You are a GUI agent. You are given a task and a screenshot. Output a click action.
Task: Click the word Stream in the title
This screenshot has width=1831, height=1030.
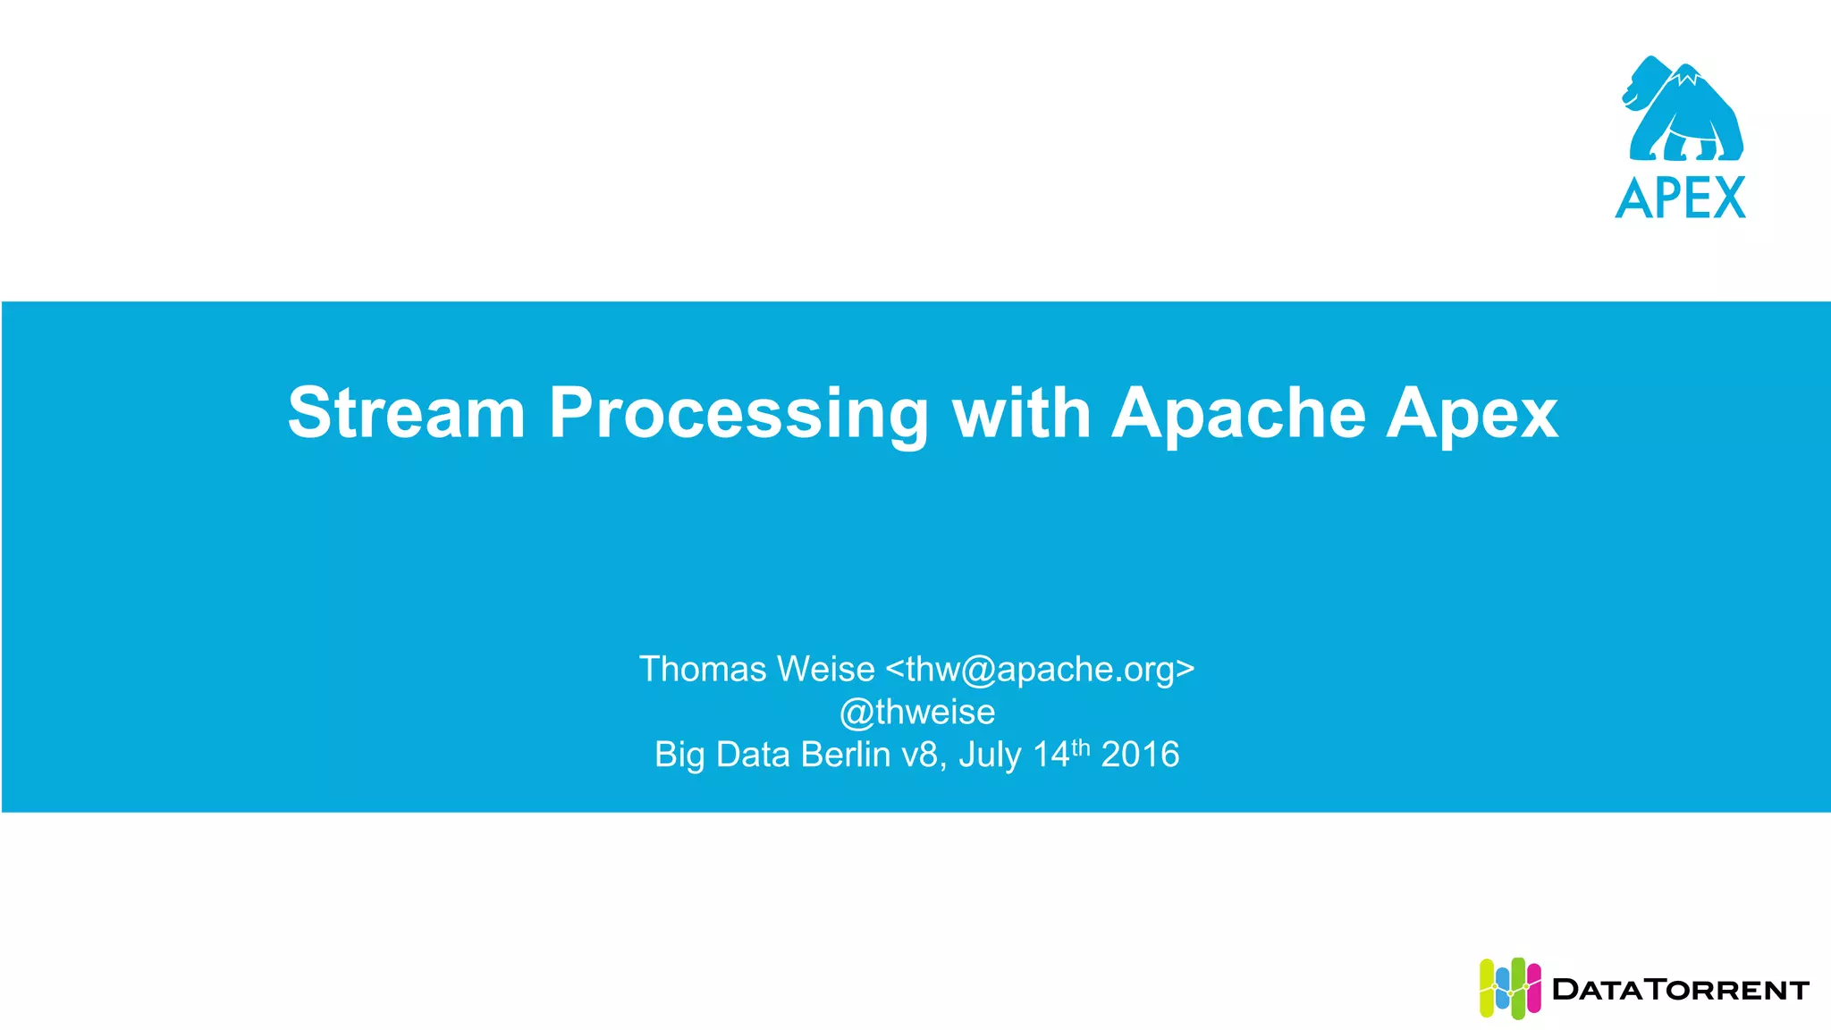406,413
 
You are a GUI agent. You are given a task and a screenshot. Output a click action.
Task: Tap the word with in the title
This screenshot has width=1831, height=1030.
1021,413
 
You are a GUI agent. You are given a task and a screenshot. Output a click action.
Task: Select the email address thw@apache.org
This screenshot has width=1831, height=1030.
1040,670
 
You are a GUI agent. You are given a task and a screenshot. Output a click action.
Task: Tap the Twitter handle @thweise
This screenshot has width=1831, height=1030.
916,712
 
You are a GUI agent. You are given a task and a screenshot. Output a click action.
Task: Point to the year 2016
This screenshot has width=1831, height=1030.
1140,755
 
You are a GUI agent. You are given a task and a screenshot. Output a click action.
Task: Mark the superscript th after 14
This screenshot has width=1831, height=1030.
1081,747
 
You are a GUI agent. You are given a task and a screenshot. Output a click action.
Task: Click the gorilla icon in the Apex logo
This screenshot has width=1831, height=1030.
1681,109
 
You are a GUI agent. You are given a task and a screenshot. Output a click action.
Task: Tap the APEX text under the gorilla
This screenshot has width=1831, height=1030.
1680,198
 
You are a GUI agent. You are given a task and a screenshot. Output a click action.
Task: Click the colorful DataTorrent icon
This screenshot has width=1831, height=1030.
1509,989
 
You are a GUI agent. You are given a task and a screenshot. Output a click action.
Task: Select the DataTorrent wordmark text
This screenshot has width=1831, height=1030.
1681,990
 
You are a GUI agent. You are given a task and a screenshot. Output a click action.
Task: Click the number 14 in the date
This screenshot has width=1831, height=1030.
1051,755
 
